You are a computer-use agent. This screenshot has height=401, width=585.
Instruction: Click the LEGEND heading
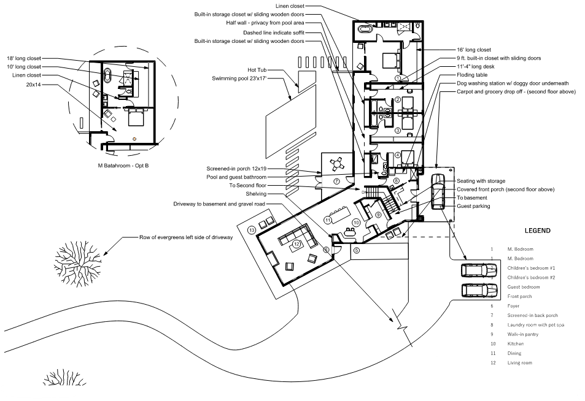pos(537,231)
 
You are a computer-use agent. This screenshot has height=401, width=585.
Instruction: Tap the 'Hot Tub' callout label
pos(257,70)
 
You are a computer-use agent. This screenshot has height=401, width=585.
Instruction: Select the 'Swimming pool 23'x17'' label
pos(239,78)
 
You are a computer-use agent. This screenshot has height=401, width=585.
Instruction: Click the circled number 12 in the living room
pos(296,245)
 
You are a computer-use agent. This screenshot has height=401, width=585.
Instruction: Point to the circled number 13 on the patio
pos(252,230)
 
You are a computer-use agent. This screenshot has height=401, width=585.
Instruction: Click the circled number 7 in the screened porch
pos(336,181)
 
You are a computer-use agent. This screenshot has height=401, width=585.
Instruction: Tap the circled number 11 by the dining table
pos(328,220)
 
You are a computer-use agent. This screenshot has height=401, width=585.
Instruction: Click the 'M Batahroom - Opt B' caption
pos(123,166)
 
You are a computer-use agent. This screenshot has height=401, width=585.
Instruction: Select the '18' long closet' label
pos(24,58)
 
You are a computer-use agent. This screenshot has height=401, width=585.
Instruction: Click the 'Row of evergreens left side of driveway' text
pos(186,237)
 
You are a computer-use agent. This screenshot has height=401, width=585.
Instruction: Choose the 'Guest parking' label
pos(473,206)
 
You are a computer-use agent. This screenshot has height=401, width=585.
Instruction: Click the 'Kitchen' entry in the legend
pos(515,344)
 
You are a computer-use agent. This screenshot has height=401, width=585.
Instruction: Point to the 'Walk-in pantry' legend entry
pos(523,334)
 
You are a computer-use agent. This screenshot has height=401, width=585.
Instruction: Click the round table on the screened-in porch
pos(337,164)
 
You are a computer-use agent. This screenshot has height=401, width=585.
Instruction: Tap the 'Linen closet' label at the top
pos(290,6)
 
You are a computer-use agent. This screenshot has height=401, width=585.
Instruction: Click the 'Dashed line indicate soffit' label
pos(274,32)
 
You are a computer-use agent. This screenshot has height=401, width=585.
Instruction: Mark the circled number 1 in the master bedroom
pos(398,78)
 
